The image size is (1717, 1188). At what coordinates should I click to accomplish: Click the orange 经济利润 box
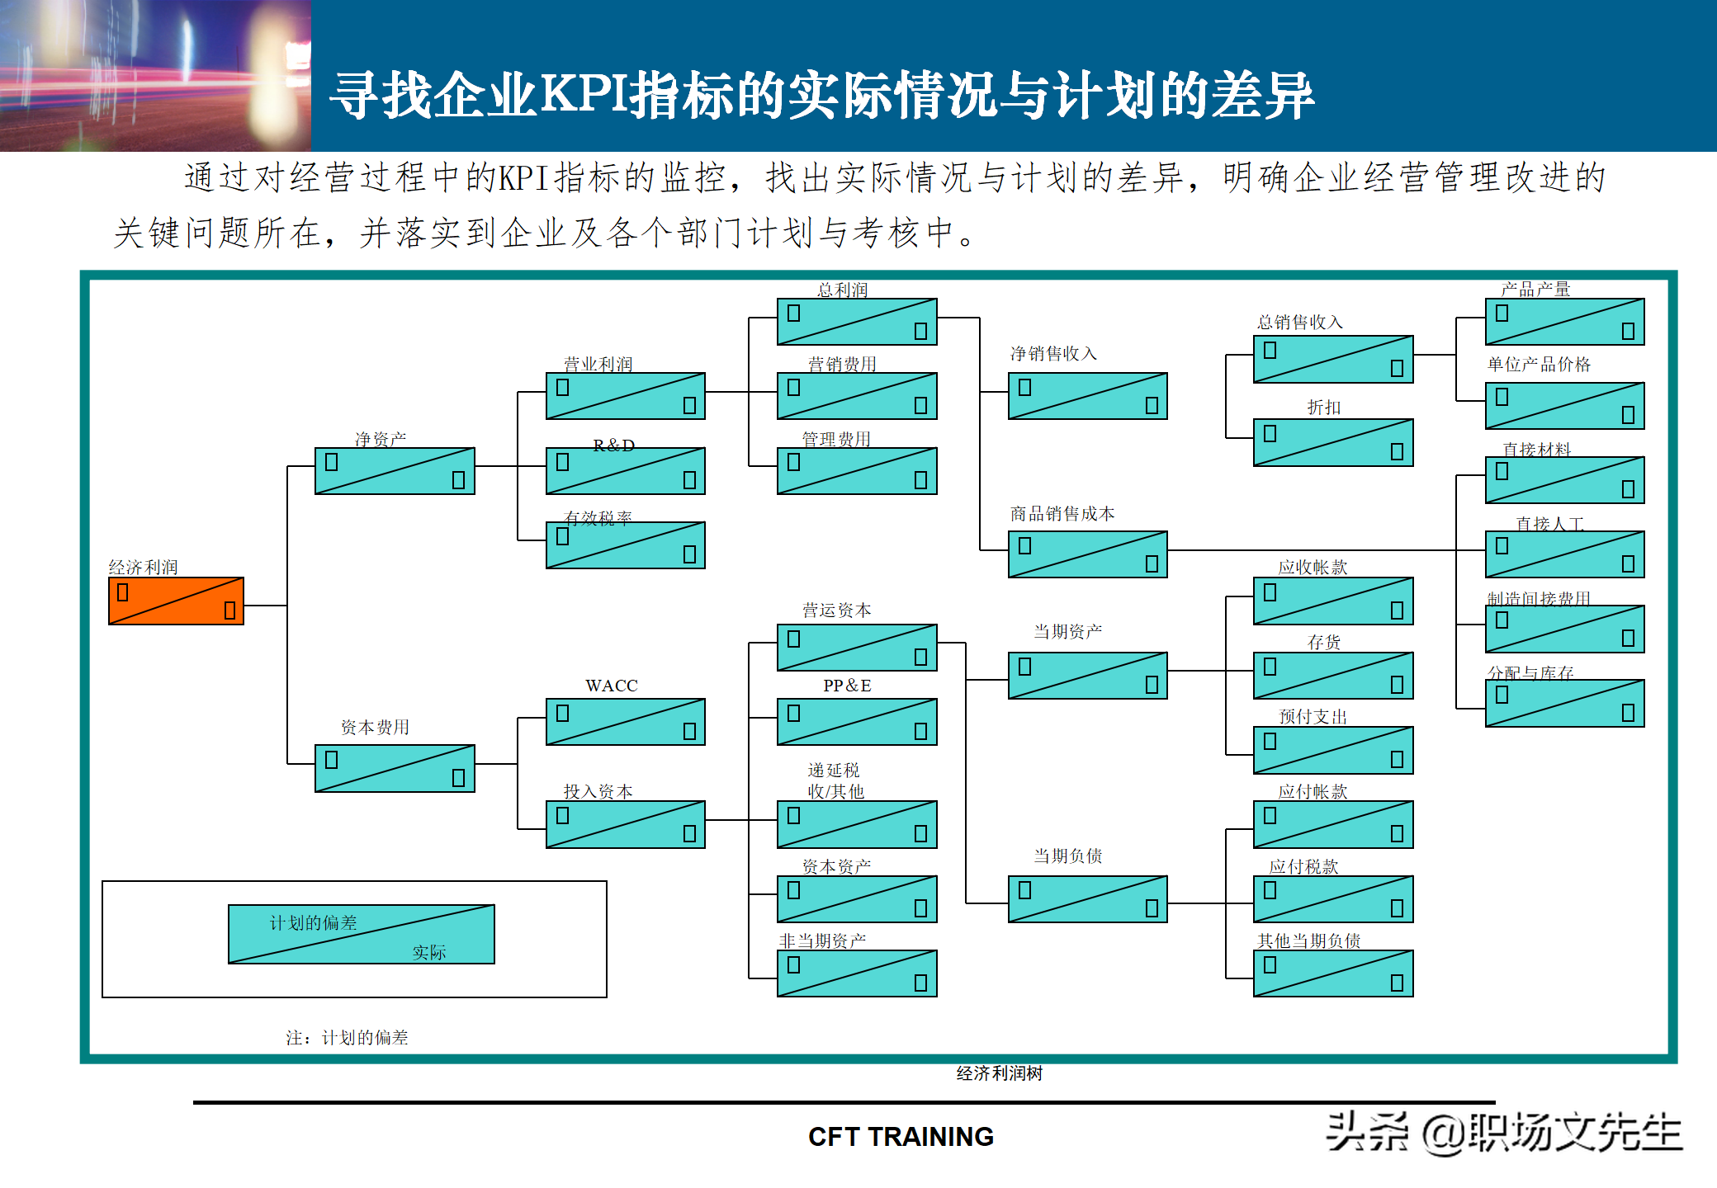pyautogui.click(x=176, y=601)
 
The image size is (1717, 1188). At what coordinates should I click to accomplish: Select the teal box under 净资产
pyautogui.click(x=395, y=471)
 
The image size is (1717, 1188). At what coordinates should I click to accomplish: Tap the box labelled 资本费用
pyautogui.click(x=395, y=768)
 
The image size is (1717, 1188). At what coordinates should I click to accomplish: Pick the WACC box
pyautogui.click(x=625, y=722)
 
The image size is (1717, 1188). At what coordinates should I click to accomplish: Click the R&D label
pyautogui.click(x=613, y=445)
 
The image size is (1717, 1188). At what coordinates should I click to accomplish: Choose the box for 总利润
pyautogui.click(x=857, y=322)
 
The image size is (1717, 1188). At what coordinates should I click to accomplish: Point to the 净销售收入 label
pyautogui.click(x=1053, y=354)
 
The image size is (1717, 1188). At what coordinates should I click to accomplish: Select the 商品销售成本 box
pyautogui.click(x=1087, y=554)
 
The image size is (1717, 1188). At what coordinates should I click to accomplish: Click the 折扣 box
pyautogui.click(x=1333, y=443)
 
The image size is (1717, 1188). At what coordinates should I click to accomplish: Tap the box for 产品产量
pyautogui.click(x=1564, y=322)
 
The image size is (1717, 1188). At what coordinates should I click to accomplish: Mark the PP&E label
pyautogui.click(x=847, y=686)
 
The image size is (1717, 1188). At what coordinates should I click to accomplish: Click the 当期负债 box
pyautogui.click(x=1087, y=898)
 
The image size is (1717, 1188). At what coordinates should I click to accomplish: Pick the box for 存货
pyautogui.click(x=1333, y=676)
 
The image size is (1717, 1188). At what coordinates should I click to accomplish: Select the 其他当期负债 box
pyautogui.click(x=1333, y=973)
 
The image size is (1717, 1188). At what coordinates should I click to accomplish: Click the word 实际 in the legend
pyautogui.click(x=428, y=953)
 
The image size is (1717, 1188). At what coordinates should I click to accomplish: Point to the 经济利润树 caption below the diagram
pyautogui.click(x=999, y=1073)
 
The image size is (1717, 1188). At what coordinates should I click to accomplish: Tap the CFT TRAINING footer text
pyautogui.click(x=901, y=1137)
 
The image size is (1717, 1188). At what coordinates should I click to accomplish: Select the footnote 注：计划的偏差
pyautogui.click(x=347, y=1038)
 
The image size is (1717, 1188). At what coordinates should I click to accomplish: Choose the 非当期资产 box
pyautogui.click(x=857, y=973)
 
